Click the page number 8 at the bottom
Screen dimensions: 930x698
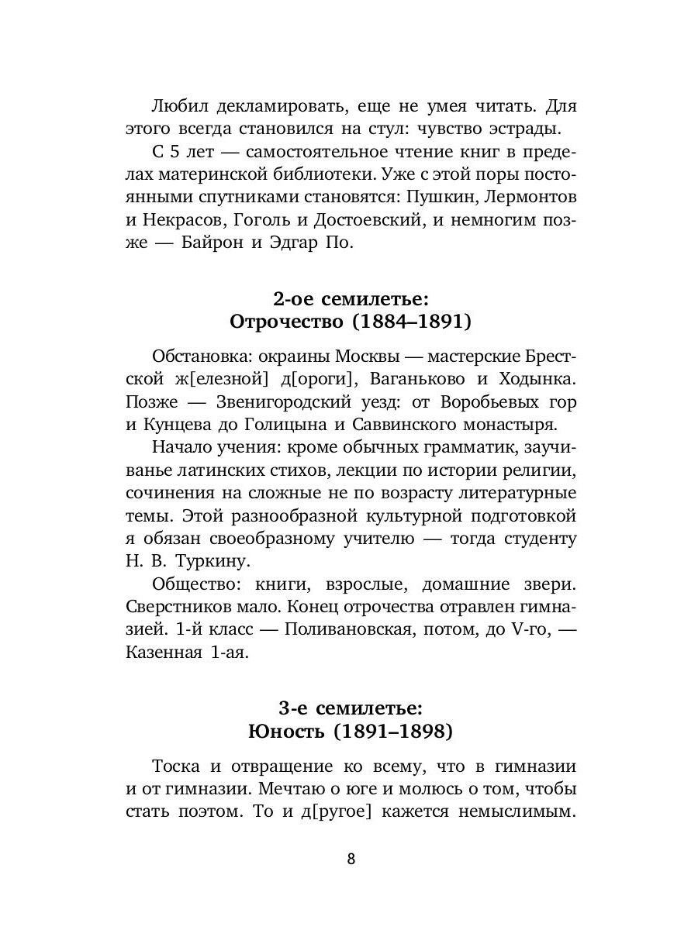[351, 859]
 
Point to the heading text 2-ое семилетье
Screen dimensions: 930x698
[351, 298]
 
